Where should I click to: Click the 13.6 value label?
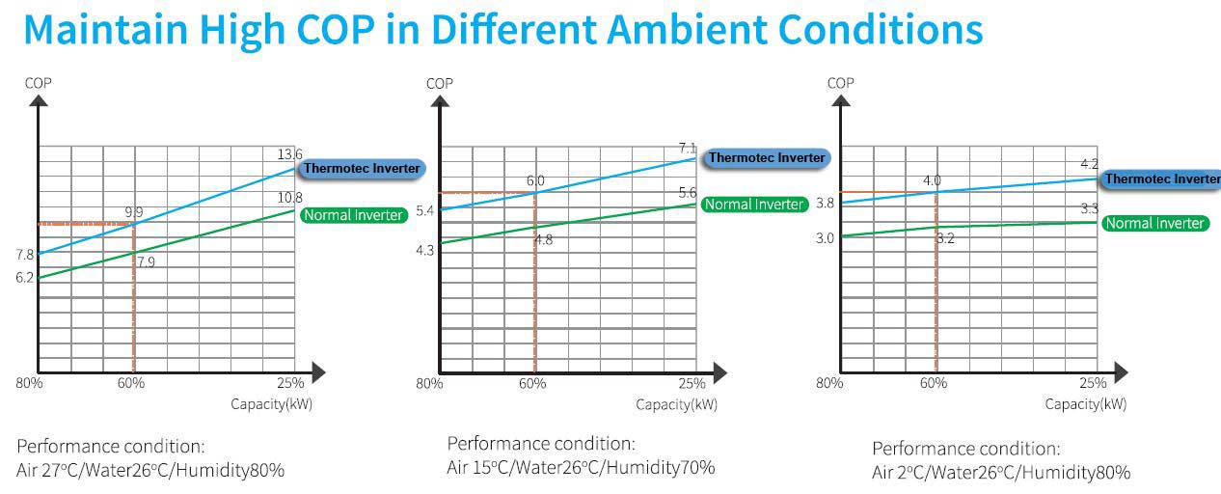[289, 154]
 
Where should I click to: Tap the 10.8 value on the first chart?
[289, 198]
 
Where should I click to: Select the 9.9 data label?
[133, 212]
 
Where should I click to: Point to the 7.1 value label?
[688, 148]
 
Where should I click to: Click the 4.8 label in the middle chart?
[543, 240]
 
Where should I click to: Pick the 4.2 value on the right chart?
[1090, 164]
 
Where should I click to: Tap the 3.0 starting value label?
[825, 237]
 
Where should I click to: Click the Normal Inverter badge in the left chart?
[353, 215]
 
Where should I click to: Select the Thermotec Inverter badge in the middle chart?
[766, 157]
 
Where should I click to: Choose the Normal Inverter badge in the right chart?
[1154, 223]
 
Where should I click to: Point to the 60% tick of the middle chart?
[532, 383]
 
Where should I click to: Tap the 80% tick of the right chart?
[829, 383]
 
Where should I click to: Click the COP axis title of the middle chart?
[440, 83]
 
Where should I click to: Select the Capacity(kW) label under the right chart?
[1086, 404]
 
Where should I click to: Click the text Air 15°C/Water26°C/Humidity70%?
[582, 468]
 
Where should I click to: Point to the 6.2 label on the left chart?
[24, 278]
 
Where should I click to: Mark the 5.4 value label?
[424, 210]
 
